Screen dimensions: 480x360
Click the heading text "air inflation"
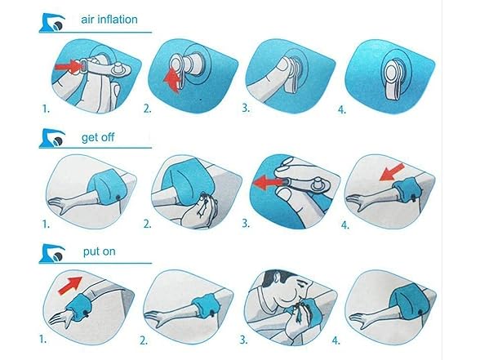click(109, 20)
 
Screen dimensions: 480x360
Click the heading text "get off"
click(98, 137)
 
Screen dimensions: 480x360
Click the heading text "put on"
click(100, 251)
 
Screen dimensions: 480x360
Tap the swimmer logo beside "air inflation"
click(52, 22)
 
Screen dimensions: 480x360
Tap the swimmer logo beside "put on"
click(52, 253)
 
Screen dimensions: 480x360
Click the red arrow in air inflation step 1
click(67, 66)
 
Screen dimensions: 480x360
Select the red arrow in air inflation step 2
click(172, 81)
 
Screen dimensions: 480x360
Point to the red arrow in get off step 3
click(267, 183)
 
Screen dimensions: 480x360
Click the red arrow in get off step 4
click(392, 172)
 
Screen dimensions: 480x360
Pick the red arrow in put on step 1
click(70, 286)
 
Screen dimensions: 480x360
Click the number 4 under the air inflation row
click(341, 109)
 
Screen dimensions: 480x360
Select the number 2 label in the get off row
click(147, 224)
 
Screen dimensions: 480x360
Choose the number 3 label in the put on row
click(243, 340)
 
